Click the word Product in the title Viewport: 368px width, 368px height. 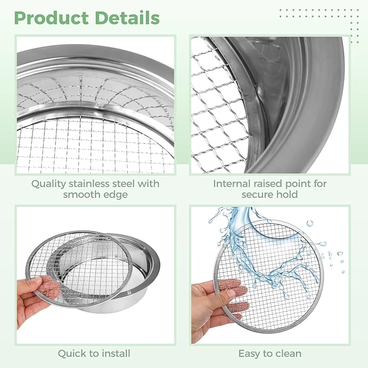51,18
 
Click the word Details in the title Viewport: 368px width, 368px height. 126,18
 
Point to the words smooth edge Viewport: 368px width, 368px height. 95,195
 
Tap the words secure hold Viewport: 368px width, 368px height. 269,195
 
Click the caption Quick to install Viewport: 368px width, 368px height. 95,353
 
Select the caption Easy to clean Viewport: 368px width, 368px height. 269,353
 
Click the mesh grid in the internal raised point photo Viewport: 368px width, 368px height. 217,108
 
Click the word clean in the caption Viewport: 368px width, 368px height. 287,353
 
